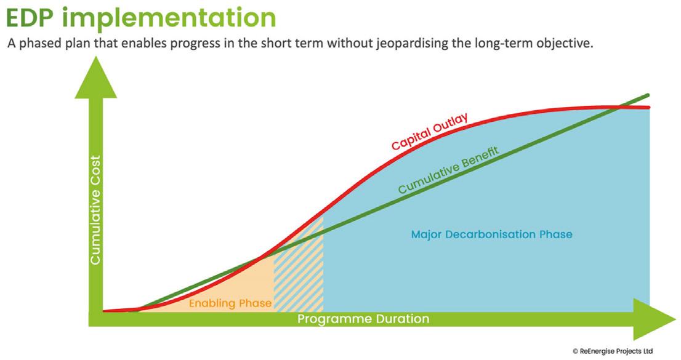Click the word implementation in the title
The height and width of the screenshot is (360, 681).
coord(172,18)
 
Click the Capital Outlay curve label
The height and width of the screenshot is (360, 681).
coord(430,131)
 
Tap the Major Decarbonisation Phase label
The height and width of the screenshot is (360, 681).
coord(491,234)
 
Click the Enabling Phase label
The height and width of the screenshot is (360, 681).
coord(230,303)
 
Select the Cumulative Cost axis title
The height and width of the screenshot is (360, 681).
coord(95,209)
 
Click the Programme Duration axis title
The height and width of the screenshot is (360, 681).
coord(363,319)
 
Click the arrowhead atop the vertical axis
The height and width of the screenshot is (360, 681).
coord(95,78)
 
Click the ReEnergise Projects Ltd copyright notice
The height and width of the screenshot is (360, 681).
coord(613,351)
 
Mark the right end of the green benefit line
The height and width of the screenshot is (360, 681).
coord(648,95)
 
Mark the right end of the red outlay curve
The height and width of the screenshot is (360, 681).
coord(649,107)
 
